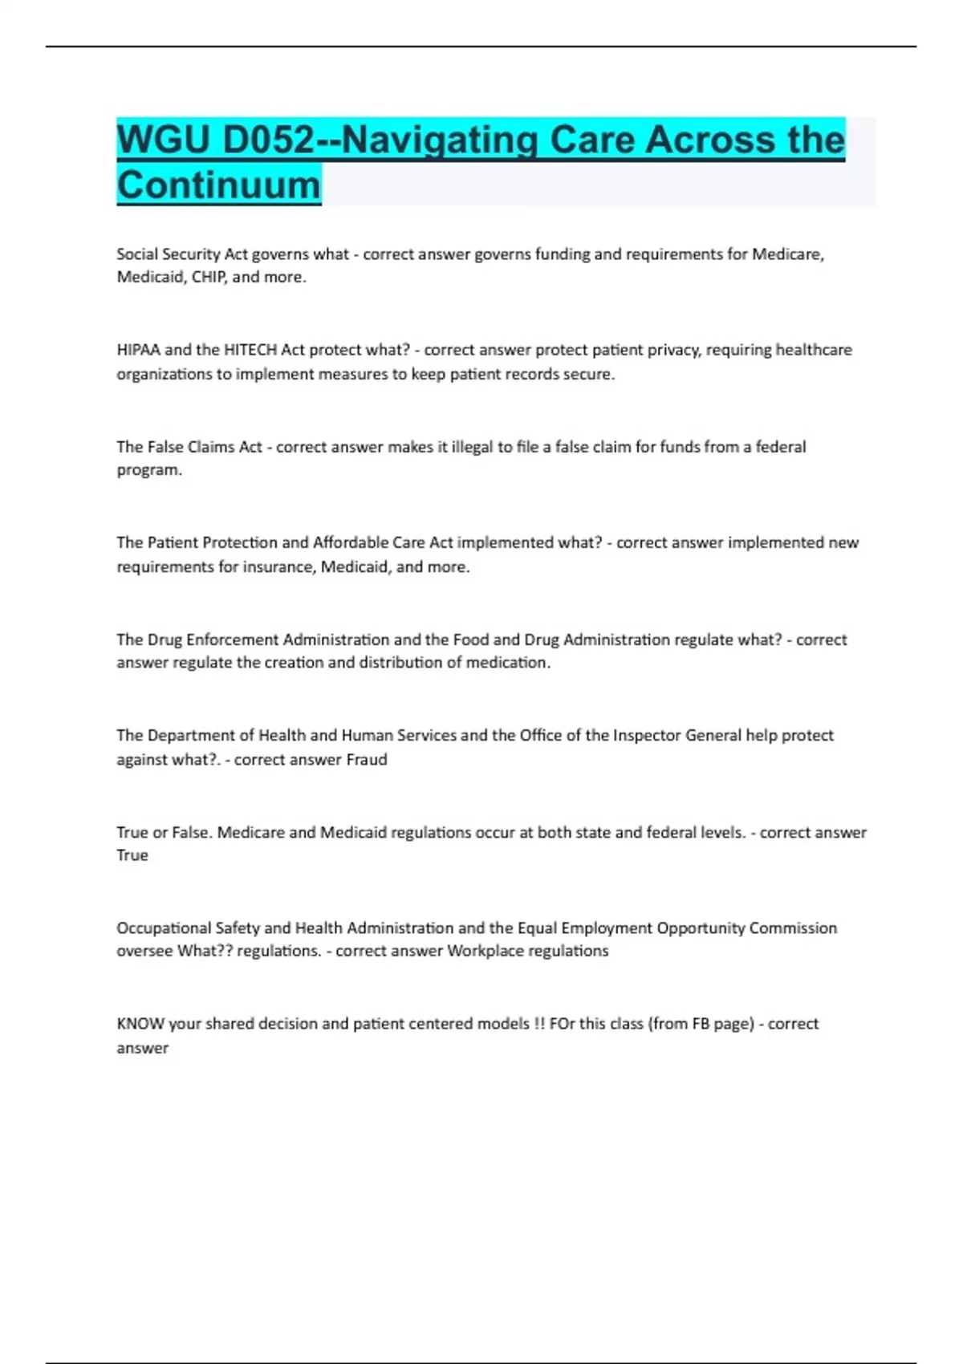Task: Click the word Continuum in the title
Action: pyautogui.click(x=218, y=185)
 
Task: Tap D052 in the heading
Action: pyautogui.click(x=268, y=140)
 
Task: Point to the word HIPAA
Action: pyautogui.click(x=138, y=350)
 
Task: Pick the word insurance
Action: pyautogui.click(x=278, y=567)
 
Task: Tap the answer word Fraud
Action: pyautogui.click(x=367, y=760)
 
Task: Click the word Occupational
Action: pyautogui.click(x=164, y=928)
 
